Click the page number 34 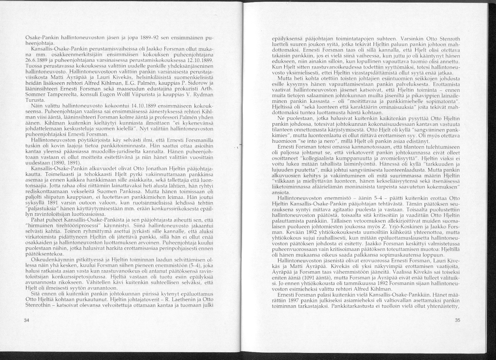pos(27,321)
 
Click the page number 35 pos(457,320)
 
